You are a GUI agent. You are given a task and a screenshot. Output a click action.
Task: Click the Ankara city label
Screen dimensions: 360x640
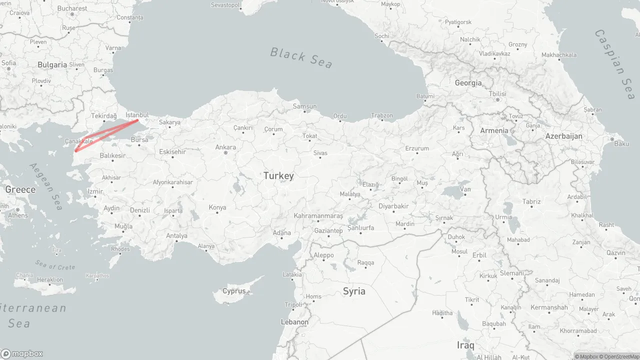(x=225, y=147)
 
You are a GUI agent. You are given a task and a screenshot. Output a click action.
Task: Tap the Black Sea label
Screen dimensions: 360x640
(x=301, y=57)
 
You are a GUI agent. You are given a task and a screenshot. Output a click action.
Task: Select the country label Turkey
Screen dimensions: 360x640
(x=278, y=176)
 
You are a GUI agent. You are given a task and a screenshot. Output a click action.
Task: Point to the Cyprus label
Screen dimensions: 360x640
(x=234, y=291)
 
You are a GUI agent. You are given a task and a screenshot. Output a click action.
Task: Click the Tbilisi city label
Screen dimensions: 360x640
(x=497, y=94)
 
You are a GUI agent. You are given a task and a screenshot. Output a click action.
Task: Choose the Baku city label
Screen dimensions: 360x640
(x=621, y=144)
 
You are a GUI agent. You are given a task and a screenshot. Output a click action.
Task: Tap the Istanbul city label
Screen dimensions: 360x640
(x=137, y=115)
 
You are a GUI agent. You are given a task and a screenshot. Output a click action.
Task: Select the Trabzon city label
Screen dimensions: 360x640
(x=382, y=115)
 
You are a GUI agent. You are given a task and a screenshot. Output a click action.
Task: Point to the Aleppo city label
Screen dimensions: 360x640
(x=323, y=255)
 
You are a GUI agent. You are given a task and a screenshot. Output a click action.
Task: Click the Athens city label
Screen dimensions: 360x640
(x=18, y=215)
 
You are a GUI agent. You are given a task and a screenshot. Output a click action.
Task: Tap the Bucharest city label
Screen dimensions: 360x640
(x=72, y=8)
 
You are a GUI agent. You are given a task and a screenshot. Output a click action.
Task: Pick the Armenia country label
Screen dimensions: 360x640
(x=494, y=130)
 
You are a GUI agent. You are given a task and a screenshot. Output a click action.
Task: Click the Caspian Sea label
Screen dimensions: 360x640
(x=615, y=64)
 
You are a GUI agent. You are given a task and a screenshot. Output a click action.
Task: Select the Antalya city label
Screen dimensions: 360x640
(x=176, y=236)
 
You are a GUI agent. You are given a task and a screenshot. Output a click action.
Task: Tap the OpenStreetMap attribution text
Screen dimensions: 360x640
(x=621, y=356)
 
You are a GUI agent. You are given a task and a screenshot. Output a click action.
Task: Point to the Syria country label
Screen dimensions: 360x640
(x=354, y=291)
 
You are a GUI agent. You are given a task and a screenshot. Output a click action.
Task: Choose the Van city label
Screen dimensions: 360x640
(x=465, y=189)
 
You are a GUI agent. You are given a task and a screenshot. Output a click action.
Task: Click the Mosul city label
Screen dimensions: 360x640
(x=459, y=251)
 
